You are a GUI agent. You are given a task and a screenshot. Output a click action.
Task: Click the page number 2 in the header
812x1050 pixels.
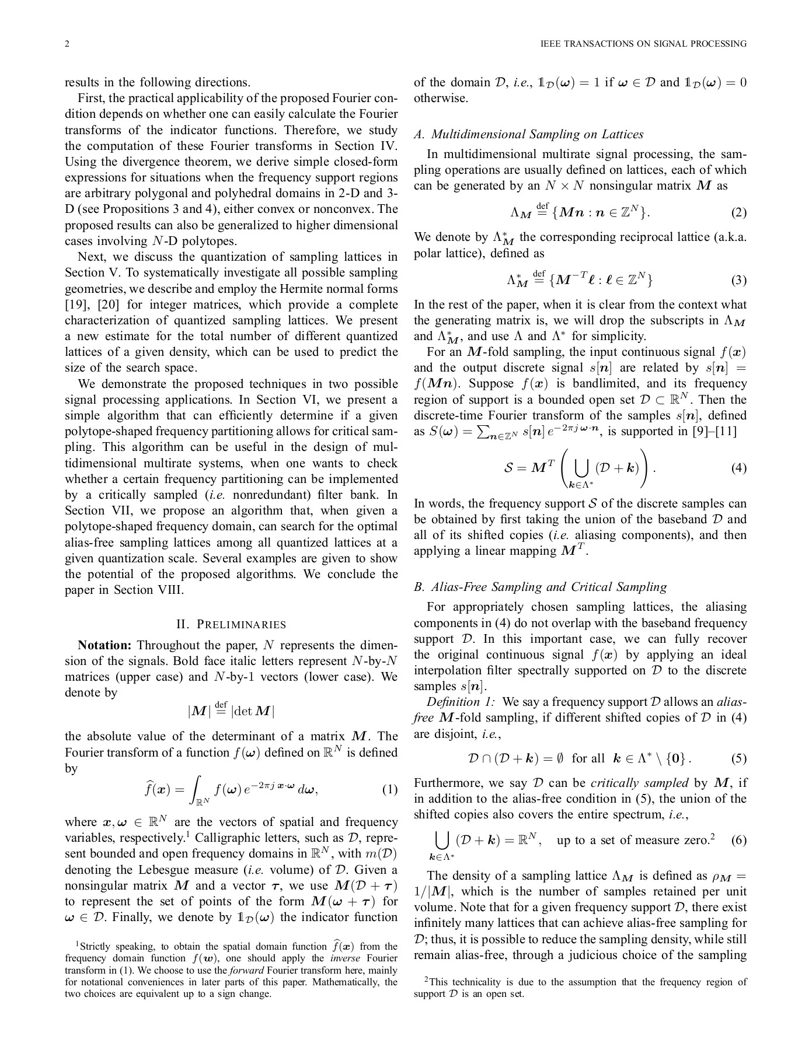(67, 44)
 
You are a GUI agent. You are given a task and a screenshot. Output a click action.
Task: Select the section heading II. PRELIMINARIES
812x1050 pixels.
(231, 625)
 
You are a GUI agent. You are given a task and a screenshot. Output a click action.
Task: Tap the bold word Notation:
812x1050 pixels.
(104, 645)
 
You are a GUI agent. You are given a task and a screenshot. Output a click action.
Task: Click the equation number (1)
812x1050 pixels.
(389, 790)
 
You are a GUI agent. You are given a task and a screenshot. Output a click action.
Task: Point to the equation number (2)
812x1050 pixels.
(738, 212)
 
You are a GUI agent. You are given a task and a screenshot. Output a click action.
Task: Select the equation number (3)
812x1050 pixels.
(738, 280)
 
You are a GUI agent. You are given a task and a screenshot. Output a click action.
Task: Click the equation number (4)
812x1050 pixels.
(738, 468)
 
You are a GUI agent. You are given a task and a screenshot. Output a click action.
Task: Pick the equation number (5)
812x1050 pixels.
(738, 758)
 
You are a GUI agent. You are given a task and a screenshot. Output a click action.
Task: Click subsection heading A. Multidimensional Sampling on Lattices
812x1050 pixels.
(528, 134)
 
